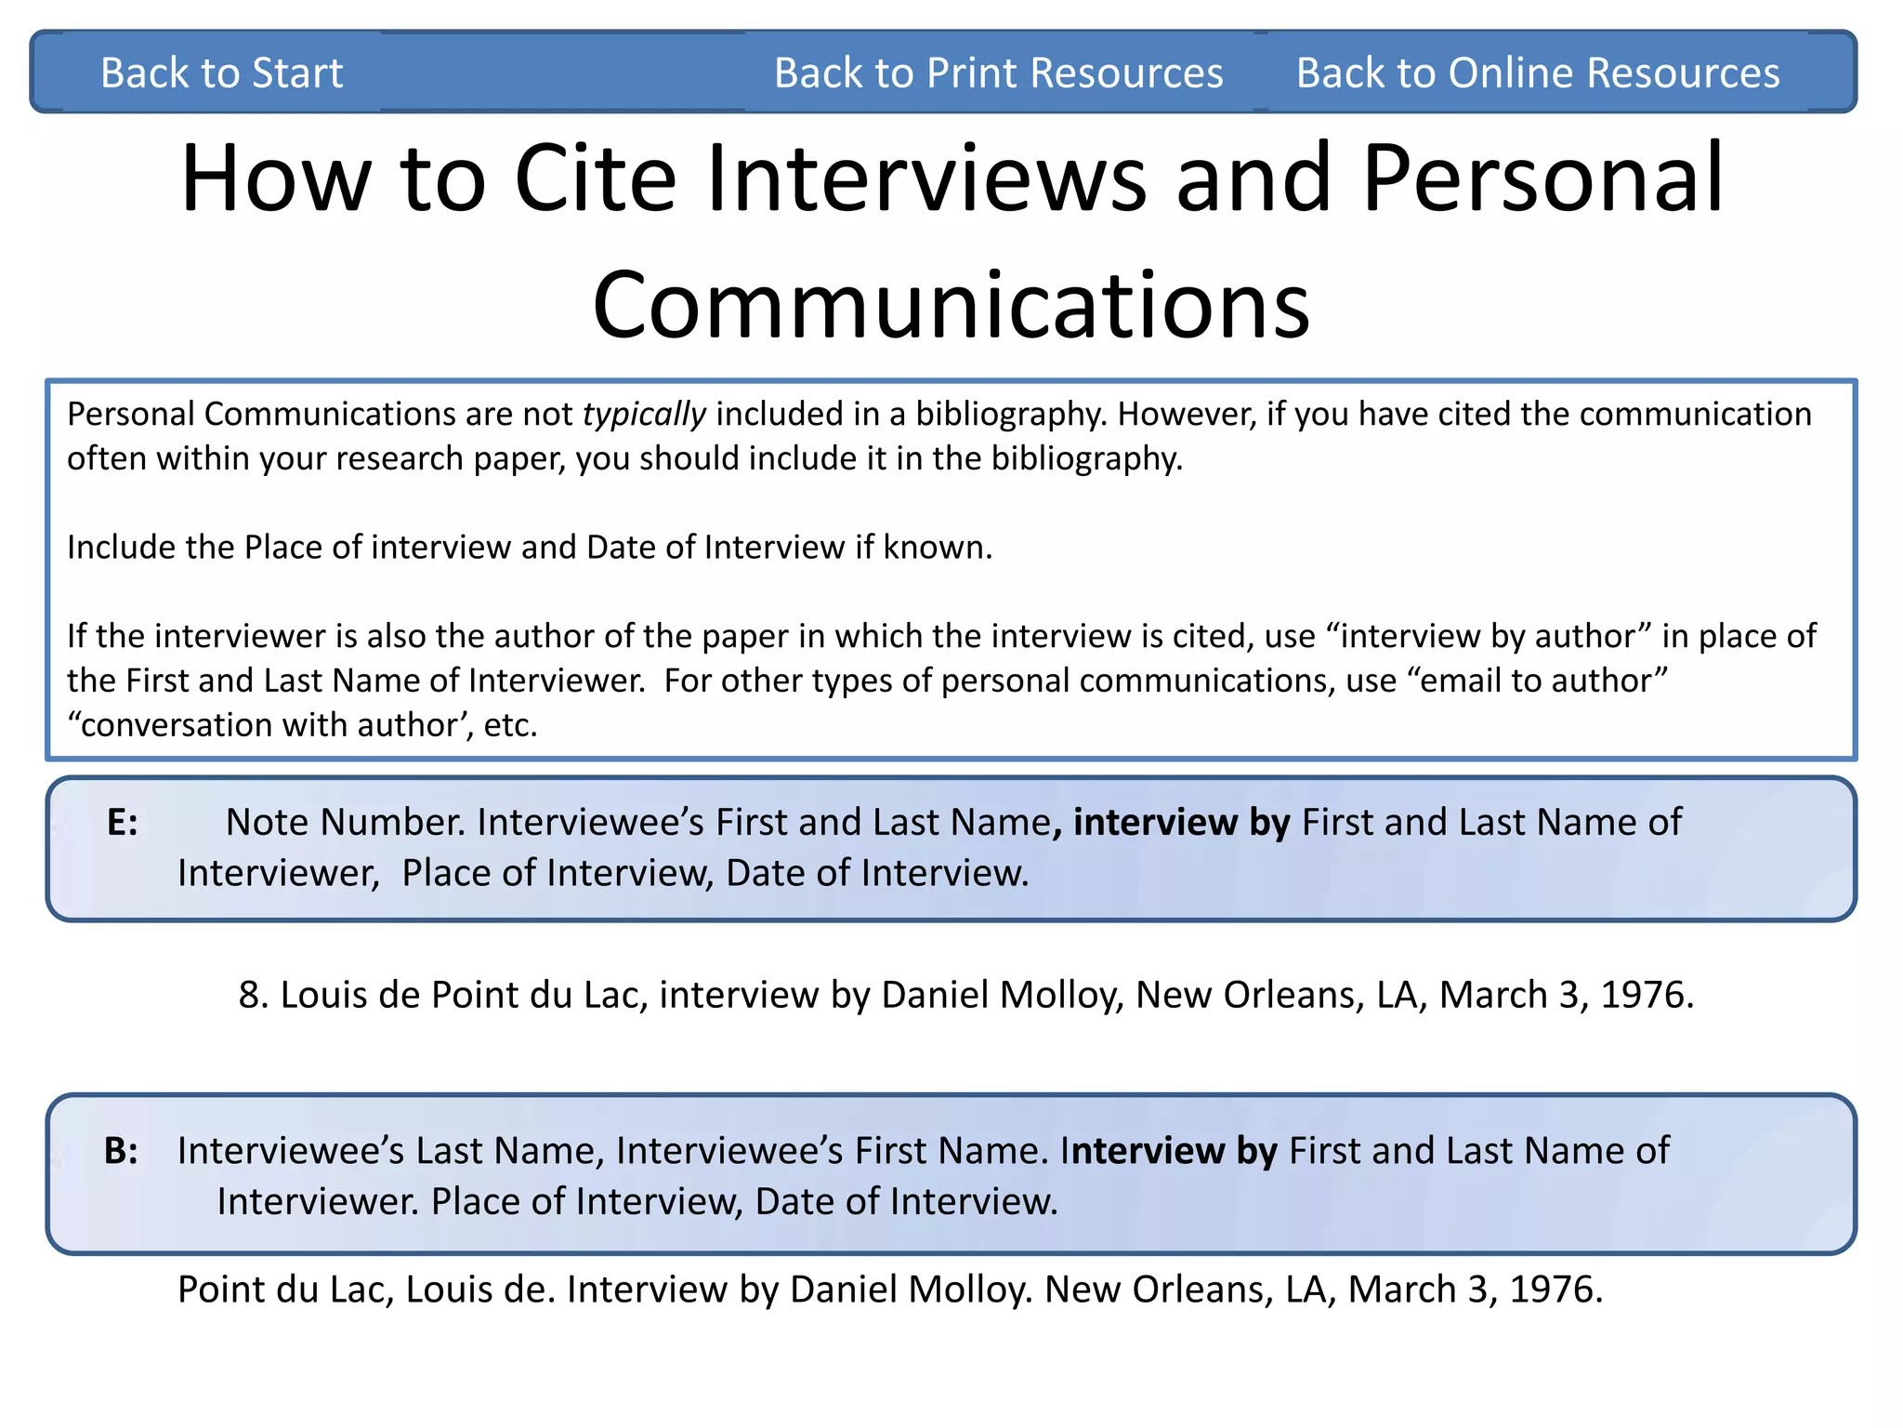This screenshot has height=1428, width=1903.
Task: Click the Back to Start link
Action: (x=221, y=73)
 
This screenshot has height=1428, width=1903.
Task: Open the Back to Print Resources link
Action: (x=998, y=73)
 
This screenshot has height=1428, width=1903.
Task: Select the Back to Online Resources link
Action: (x=1537, y=73)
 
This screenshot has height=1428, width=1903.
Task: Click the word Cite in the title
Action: (x=595, y=178)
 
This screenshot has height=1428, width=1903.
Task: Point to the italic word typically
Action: (x=644, y=414)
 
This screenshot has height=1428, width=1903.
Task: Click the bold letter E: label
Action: (x=123, y=823)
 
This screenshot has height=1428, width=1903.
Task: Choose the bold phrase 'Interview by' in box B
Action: (x=1174, y=1151)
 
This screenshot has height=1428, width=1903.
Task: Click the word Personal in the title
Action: (x=1542, y=178)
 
